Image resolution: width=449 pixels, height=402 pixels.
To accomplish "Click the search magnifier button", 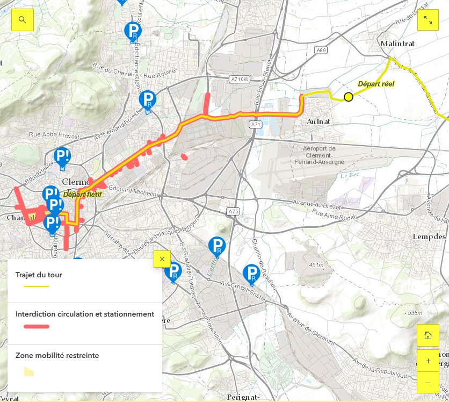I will (23, 20).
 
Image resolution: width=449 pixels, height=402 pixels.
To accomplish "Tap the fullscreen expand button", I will (428, 20).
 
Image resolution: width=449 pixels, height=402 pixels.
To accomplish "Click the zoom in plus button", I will (428, 361).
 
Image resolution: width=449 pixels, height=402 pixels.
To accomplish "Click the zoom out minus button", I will (428, 382).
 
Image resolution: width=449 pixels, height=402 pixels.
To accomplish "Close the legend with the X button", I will (162, 259).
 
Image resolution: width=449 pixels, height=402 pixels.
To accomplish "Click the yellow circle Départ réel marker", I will (349, 97).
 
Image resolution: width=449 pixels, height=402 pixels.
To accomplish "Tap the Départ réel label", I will (376, 84).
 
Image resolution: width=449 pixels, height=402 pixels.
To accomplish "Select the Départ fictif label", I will (82, 194).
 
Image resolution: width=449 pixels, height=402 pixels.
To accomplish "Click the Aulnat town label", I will (317, 122).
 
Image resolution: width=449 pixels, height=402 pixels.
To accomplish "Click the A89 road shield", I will (321, 50).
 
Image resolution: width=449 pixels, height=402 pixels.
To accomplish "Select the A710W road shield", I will (240, 80).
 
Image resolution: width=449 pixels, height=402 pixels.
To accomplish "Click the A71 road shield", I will (255, 125).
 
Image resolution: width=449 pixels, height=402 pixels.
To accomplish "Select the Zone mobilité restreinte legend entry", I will (57, 355).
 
